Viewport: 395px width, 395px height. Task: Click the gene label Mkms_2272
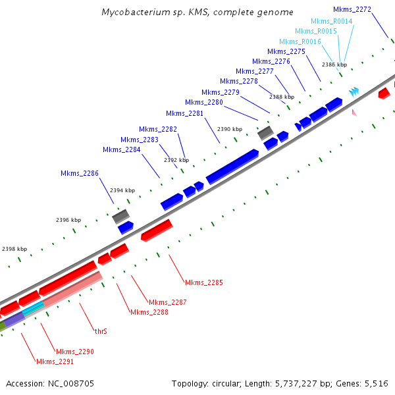(x=352, y=9)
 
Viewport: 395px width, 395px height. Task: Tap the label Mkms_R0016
(x=300, y=41)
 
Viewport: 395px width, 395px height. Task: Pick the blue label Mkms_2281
(x=185, y=113)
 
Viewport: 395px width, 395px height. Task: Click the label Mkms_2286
(x=80, y=174)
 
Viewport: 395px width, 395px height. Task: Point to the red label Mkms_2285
(x=204, y=282)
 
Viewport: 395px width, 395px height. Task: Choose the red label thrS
(x=101, y=332)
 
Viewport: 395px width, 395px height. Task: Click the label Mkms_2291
(x=55, y=361)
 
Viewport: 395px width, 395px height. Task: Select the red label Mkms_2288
(x=149, y=312)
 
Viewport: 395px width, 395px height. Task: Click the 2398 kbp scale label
(x=14, y=249)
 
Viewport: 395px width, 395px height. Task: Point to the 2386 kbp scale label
(x=334, y=65)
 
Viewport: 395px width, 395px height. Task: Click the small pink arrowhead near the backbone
(x=354, y=113)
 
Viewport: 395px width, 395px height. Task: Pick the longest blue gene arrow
(x=232, y=167)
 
